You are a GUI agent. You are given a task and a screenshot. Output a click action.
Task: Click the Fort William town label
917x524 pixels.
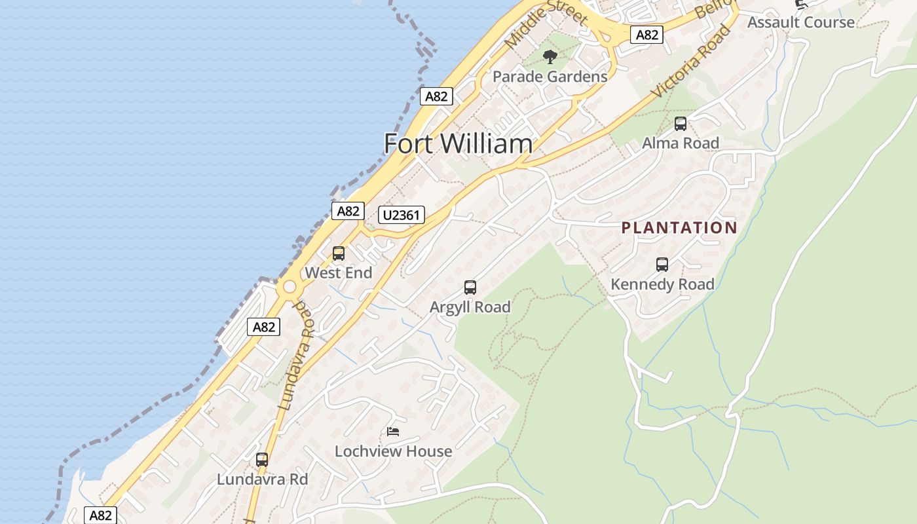pos(458,143)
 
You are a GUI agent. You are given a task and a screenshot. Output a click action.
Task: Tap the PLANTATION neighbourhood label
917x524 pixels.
pos(679,228)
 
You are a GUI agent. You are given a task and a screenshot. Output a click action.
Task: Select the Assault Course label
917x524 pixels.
pos(800,22)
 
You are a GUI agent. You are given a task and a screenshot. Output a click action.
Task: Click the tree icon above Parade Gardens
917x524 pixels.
pos(550,56)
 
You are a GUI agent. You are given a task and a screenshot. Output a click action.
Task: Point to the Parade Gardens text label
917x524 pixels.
pos(550,77)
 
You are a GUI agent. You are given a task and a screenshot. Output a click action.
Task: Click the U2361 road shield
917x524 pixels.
pos(402,215)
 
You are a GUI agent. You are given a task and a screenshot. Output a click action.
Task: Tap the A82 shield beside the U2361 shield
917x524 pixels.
pos(348,211)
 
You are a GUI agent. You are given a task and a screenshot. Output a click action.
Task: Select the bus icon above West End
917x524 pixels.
pos(339,253)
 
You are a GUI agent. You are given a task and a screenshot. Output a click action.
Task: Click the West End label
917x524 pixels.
pos(339,273)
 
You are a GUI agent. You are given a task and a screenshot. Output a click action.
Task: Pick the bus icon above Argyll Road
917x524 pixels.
pos(470,287)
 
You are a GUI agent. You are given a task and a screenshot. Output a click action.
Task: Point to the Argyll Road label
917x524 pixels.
pos(470,307)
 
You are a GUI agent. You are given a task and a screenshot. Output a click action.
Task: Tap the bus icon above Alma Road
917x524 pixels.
pos(681,123)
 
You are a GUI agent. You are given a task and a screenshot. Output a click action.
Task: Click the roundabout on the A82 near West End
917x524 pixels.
pos(289,287)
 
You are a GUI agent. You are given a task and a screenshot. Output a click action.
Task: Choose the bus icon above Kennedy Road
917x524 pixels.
pos(662,265)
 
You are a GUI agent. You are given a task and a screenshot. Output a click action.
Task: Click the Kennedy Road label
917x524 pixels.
pos(662,284)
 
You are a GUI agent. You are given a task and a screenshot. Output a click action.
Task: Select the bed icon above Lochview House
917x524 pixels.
pos(393,431)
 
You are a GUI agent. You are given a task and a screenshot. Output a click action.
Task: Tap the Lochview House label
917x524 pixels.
pos(393,451)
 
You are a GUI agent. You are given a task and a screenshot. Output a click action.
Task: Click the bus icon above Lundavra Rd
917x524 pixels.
pos(262,460)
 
